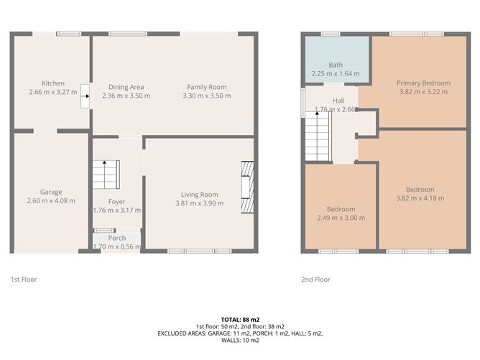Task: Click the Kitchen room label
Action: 53,83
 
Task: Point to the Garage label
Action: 51,192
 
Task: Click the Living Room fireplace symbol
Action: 246,186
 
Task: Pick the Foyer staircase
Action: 105,173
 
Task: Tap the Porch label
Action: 117,238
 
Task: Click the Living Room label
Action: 199,194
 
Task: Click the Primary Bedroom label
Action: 423,83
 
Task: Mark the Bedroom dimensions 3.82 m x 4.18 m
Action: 420,198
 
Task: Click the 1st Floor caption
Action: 24,280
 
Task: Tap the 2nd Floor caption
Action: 315,280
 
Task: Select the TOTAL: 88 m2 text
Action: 240,319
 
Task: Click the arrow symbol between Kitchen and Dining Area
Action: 86,92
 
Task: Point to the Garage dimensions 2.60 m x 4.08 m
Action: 51,200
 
